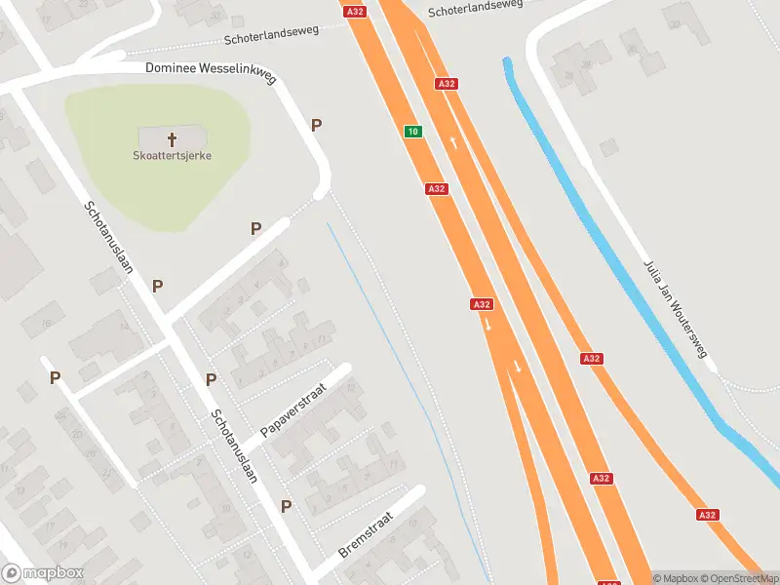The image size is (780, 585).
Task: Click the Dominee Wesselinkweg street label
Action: [210, 68]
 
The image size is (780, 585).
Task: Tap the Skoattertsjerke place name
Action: [173, 155]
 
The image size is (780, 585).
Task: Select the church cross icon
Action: [173, 139]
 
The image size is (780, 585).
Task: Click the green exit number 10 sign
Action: [413, 132]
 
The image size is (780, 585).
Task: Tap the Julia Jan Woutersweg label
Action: [675, 308]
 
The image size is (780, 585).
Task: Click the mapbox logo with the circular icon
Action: [43, 573]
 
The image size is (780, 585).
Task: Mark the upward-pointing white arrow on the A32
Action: [453, 143]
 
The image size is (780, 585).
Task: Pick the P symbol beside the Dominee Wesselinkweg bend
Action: [316, 125]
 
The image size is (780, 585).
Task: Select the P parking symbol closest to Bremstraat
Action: [287, 506]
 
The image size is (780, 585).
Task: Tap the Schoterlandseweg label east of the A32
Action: [475, 7]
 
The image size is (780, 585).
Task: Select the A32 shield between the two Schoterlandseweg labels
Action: [355, 11]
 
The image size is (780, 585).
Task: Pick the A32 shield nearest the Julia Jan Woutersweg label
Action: [591, 359]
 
